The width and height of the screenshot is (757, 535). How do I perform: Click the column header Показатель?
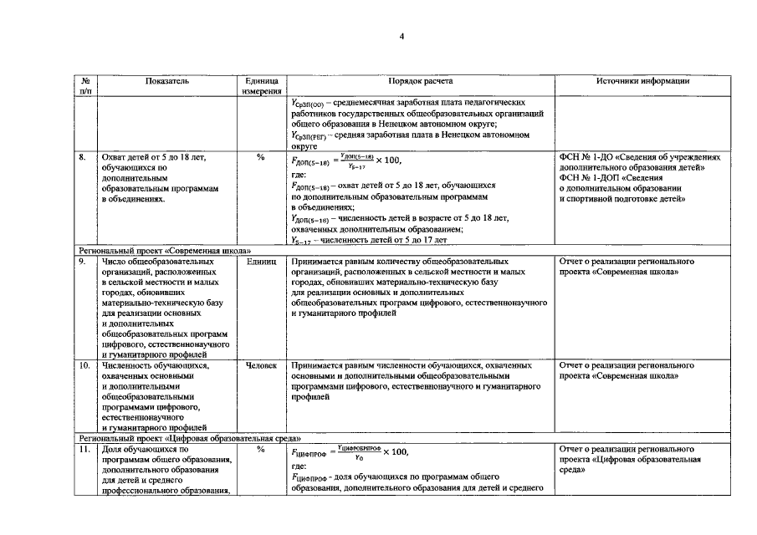pos(166,81)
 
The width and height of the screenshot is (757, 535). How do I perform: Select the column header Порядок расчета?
pos(420,81)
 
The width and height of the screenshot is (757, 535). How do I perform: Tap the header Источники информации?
pos(642,81)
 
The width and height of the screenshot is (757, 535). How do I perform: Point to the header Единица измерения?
pos(260,86)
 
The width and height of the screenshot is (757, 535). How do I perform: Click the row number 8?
pos(83,156)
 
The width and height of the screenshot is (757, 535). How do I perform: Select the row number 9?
pos(83,262)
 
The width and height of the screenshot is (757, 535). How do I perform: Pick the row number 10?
pos(84,366)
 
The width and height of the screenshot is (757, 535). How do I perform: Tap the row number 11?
pos(84,450)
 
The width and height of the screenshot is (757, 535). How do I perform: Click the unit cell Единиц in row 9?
pos(261,262)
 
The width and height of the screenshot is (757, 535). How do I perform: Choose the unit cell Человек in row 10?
pos(261,366)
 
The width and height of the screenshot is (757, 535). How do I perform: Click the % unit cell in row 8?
pos(261,156)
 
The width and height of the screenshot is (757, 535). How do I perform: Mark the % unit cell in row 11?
pos(261,450)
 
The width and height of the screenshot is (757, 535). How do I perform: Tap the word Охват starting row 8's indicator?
pos(113,156)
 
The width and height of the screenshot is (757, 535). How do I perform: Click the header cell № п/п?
pos(84,86)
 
